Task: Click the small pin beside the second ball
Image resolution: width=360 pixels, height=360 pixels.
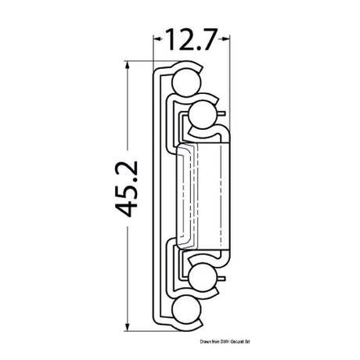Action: pyautogui.click(x=224, y=116)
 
